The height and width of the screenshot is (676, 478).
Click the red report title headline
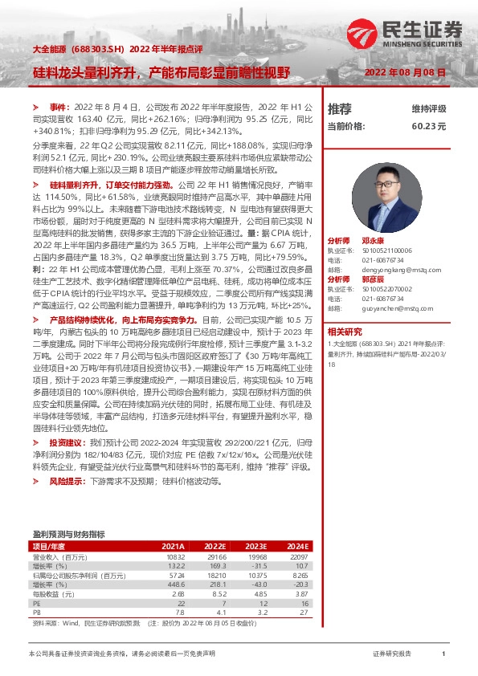[x=160, y=72]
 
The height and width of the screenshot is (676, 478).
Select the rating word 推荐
[x=340, y=108]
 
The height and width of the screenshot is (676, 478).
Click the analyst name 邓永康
[x=374, y=240]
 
